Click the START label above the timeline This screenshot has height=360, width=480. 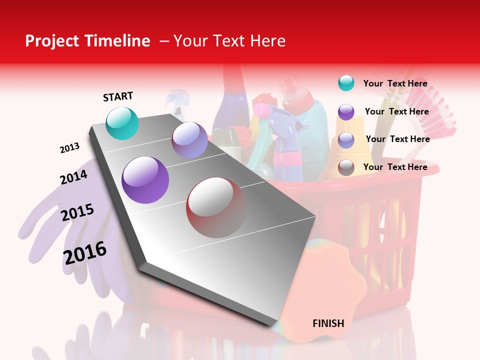tap(118, 96)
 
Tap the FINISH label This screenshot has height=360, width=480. tap(328, 323)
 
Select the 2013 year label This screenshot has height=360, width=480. tap(69, 148)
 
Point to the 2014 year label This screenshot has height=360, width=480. tap(73, 177)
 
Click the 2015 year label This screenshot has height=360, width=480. tap(77, 212)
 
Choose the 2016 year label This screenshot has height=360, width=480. tap(85, 253)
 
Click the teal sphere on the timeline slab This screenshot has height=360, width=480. tap(122, 123)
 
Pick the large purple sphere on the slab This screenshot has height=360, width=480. tap(145, 180)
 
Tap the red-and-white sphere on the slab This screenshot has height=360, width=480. tap(216, 207)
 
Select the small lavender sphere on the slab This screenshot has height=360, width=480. tap(189, 140)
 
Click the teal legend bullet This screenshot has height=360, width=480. tap(346, 83)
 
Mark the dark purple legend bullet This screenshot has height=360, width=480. tap(346, 111)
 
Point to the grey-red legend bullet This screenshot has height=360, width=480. tap(346, 167)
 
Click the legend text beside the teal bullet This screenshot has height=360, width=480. tap(395, 83)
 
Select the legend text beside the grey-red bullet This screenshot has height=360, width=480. tap(395, 167)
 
